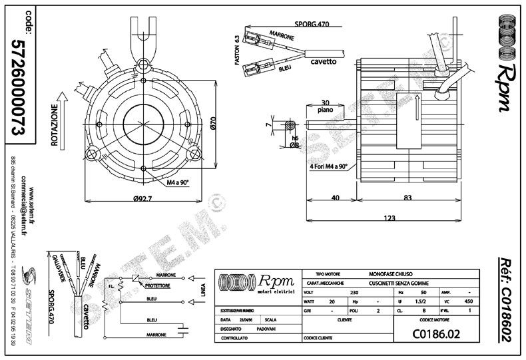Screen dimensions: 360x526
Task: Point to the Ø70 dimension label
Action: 214,122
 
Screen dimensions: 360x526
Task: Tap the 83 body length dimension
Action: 407,197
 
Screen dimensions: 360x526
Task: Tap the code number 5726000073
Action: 19,87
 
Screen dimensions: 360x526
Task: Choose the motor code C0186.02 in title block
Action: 436,333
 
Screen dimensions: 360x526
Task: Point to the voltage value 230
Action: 354,291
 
